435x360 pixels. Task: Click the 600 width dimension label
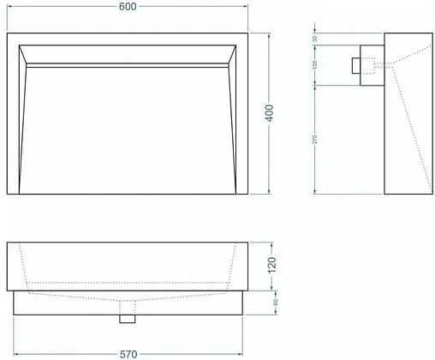(x=128, y=6)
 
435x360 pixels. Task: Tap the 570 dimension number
(x=128, y=352)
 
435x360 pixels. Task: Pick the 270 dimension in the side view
(x=315, y=139)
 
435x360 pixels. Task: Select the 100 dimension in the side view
(x=315, y=64)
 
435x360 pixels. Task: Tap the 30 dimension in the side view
(x=315, y=39)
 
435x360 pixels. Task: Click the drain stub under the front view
(x=128, y=318)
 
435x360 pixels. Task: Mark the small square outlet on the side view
(x=356, y=64)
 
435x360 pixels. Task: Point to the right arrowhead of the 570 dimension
(x=241, y=352)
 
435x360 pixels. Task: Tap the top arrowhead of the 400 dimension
(x=271, y=35)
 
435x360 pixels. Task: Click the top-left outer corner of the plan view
(x=7, y=33)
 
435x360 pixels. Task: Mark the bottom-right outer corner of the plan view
(x=248, y=195)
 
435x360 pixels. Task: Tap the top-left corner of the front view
(x=7, y=243)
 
